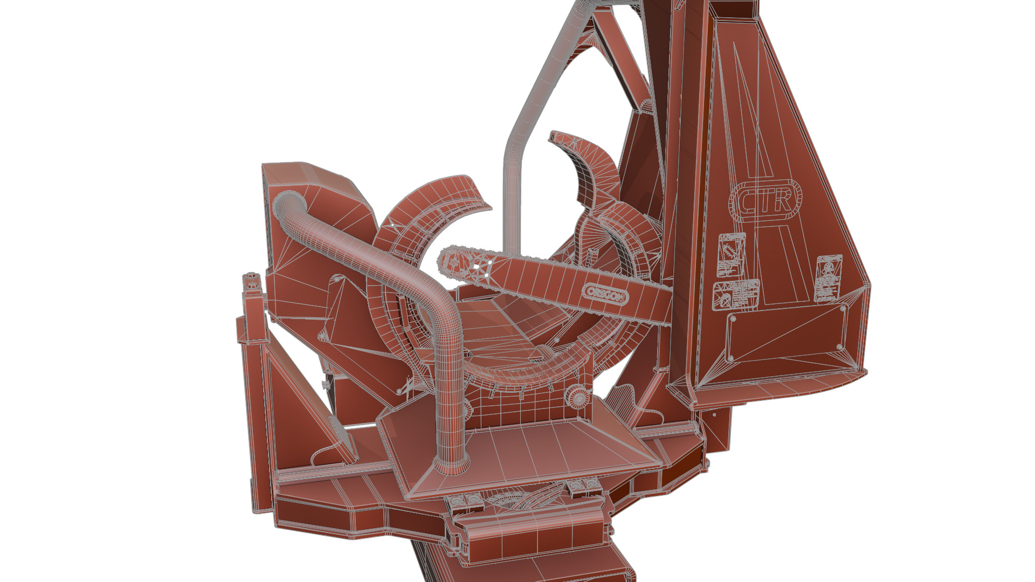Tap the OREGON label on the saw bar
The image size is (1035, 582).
coord(605,294)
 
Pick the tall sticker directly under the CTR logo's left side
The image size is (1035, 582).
coord(731,254)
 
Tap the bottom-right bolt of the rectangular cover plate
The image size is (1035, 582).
coord(840,347)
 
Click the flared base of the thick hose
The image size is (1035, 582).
coord(451,464)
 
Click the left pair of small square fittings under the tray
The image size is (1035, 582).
coord(465,502)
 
